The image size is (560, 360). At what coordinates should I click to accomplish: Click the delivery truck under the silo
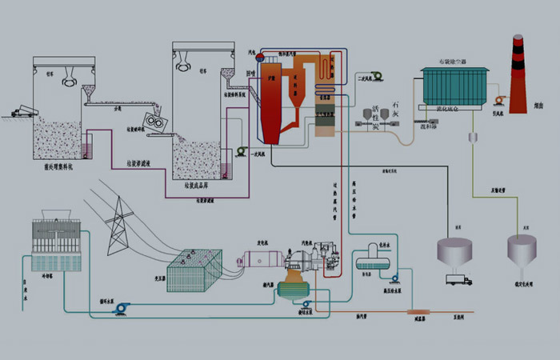point(460,279)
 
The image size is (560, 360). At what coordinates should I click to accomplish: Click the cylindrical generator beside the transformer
point(261,259)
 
